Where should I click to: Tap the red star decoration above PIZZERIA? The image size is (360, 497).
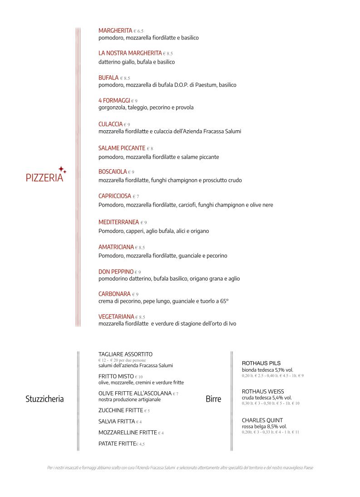(62, 169)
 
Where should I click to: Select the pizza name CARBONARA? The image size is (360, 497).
(114, 294)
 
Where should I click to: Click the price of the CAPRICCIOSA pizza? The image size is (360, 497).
(136, 197)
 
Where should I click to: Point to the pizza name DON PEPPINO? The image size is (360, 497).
(116, 271)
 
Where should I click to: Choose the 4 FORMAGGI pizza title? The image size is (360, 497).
(114, 100)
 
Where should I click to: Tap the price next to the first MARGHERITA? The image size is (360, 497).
(138, 31)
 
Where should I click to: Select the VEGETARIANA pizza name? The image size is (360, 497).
(116, 316)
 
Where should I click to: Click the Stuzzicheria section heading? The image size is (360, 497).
(44, 399)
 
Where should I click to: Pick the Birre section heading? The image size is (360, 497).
(213, 399)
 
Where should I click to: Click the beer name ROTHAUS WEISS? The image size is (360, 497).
(263, 391)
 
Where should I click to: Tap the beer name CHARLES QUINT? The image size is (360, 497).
(262, 420)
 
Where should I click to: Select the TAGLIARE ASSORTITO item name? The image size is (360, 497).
(125, 354)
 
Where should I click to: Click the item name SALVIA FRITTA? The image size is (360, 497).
(116, 421)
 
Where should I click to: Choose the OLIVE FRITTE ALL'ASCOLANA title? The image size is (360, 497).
(135, 393)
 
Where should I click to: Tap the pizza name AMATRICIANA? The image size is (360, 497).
(116, 247)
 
